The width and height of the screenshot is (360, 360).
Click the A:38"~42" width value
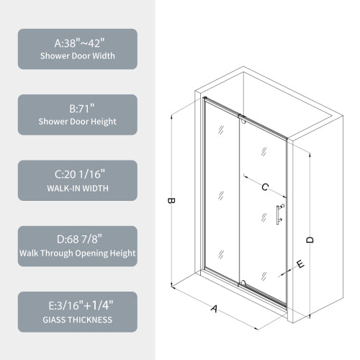click(77, 42)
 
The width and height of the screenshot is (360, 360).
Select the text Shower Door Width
click(77, 56)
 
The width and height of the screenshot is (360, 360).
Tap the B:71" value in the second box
click(77, 108)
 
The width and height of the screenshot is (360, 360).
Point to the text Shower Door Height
click(77, 122)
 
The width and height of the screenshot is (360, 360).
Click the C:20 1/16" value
click(77, 174)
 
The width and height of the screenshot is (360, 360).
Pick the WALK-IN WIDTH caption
click(77, 188)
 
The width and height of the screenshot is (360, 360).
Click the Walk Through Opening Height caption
click(77, 253)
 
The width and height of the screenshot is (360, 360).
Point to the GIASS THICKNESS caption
click(77, 319)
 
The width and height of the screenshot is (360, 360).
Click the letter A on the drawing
click(214, 309)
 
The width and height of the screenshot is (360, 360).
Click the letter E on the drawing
click(300, 264)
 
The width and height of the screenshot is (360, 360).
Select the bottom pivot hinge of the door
click(243, 282)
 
